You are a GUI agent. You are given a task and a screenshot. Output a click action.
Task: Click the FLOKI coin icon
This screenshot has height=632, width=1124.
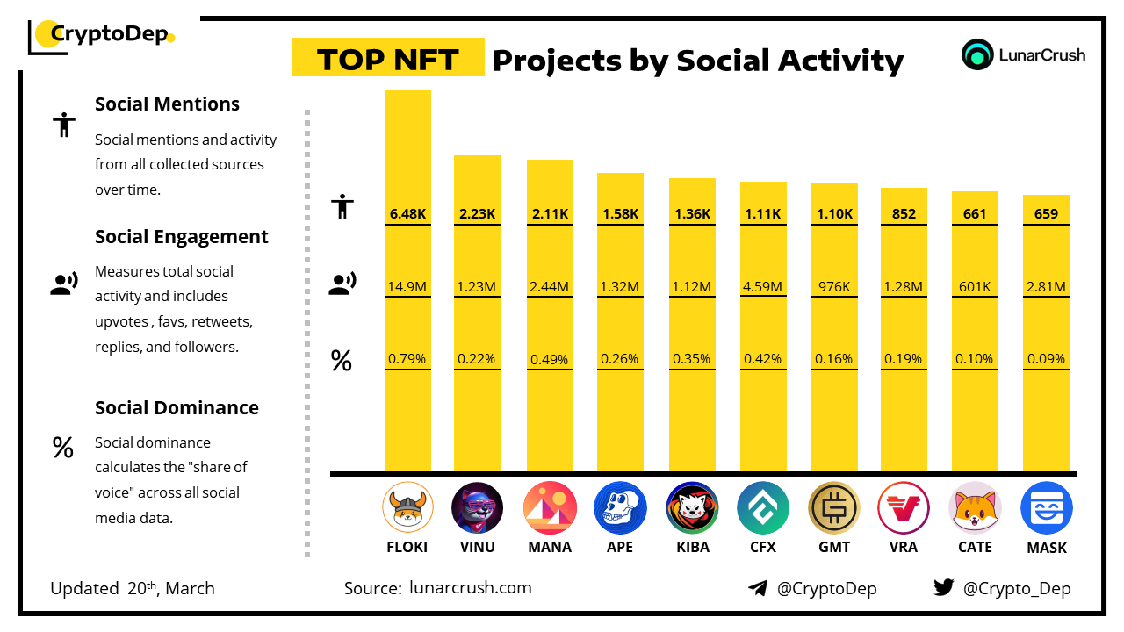coord(407,508)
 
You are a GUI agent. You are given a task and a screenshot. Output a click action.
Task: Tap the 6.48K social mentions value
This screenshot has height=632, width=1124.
coord(407,213)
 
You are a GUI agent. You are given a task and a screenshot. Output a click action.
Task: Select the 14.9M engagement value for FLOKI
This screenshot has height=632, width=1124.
coord(407,286)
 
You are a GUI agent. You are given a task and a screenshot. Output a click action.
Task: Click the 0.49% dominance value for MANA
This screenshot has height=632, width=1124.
coord(550,359)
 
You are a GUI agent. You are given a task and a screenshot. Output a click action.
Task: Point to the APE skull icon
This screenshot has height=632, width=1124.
coord(620,508)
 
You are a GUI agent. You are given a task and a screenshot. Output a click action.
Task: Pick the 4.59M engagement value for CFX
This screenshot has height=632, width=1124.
coord(763,286)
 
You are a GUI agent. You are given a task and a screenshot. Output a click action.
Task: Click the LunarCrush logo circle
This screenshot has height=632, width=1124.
coord(976,54)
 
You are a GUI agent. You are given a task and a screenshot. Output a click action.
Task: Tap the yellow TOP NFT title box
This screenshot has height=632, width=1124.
coord(387,59)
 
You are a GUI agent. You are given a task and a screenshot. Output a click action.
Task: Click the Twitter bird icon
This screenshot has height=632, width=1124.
coord(943,588)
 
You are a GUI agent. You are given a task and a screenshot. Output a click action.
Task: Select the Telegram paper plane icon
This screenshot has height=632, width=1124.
coord(757,588)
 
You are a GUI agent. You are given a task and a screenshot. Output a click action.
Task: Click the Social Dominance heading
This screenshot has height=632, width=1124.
coord(177,407)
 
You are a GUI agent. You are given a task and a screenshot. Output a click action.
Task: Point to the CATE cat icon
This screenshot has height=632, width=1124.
coord(976,508)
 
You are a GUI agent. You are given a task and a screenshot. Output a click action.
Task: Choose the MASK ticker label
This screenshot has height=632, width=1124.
coord(1047,548)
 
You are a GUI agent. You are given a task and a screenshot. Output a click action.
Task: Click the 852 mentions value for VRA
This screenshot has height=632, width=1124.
coord(904,213)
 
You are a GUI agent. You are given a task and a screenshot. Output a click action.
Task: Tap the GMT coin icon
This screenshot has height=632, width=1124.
coord(834,508)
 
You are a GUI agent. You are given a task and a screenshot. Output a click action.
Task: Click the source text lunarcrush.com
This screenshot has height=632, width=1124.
coord(471,587)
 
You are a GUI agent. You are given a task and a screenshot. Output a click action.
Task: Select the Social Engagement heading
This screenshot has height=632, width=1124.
coord(182,236)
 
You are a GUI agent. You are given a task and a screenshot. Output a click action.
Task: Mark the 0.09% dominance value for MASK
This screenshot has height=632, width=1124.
coord(1047,359)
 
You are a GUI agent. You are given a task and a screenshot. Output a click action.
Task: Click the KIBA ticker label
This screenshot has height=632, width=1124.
coord(692,547)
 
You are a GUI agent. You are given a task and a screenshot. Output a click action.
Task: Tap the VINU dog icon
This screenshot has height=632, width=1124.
coord(478,508)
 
